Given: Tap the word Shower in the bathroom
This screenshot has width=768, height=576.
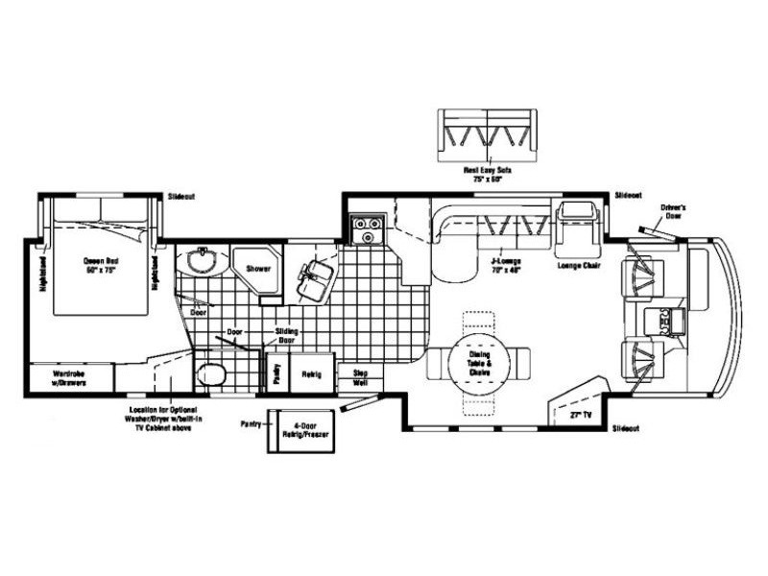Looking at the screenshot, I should (256, 270).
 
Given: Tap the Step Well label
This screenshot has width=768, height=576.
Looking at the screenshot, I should (361, 376).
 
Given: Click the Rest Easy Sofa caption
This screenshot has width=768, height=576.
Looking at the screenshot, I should (488, 173).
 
